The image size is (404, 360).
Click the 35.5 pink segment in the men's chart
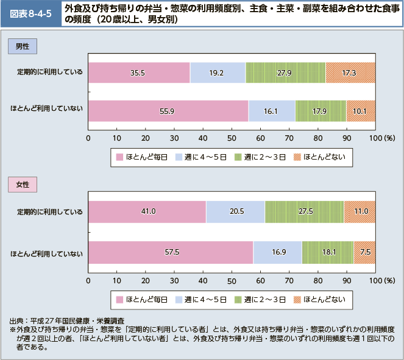click(x=139, y=72)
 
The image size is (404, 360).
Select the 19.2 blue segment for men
click(x=218, y=72)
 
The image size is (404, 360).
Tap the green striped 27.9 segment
click(x=285, y=72)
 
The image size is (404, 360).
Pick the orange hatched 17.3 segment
click(x=350, y=72)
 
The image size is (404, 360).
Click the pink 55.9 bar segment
click(x=168, y=111)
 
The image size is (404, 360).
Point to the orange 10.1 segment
click(x=361, y=111)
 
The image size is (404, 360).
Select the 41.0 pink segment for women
click(x=147, y=211)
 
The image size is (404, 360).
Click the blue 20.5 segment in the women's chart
click(x=235, y=211)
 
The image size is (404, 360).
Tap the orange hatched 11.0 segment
click(x=360, y=211)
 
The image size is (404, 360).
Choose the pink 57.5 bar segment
click(x=171, y=250)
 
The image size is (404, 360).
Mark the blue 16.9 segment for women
click(x=277, y=250)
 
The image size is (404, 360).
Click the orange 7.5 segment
click(x=364, y=250)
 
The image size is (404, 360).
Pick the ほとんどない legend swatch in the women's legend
click(x=297, y=299)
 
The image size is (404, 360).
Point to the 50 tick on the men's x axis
click(x=232, y=138)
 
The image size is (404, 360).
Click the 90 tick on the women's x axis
click(x=347, y=280)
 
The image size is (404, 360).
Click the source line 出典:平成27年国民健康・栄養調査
click(x=67, y=320)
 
